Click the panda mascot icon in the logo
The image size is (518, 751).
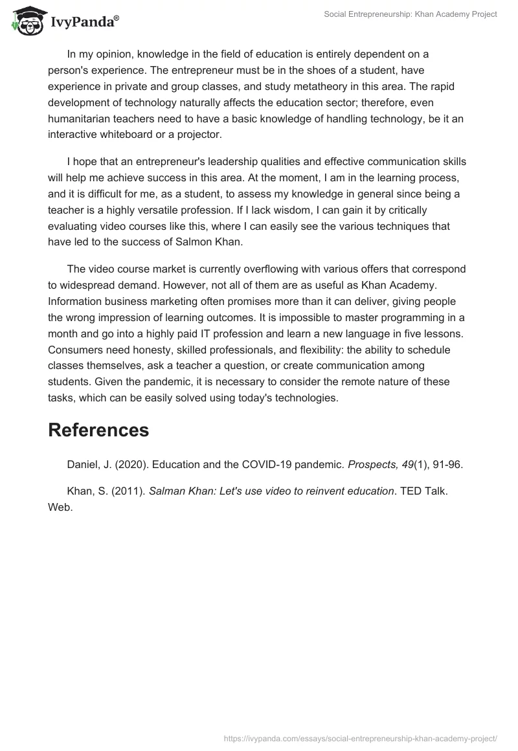pos(25,21)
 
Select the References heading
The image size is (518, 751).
pos(98,430)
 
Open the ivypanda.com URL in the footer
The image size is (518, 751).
pos(360,737)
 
